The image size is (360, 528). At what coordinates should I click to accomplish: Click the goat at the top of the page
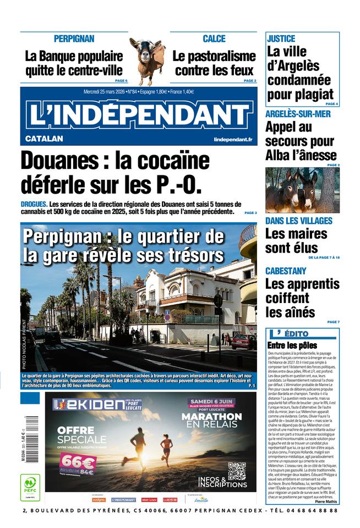point(147,58)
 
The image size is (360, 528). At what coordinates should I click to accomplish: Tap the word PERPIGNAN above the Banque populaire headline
point(74,39)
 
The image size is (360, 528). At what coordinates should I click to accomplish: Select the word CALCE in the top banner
point(214,39)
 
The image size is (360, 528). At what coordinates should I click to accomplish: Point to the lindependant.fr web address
point(233,140)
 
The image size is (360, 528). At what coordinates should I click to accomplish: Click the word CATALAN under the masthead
point(44,139)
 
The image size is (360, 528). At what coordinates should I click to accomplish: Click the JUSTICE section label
point(281,39)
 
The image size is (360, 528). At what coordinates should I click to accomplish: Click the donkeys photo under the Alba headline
point(302,190)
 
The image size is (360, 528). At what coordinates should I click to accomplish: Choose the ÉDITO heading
point(296,334)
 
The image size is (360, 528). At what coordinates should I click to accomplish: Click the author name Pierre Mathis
point(326,502)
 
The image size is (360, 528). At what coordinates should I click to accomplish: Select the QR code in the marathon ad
point(236,472)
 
